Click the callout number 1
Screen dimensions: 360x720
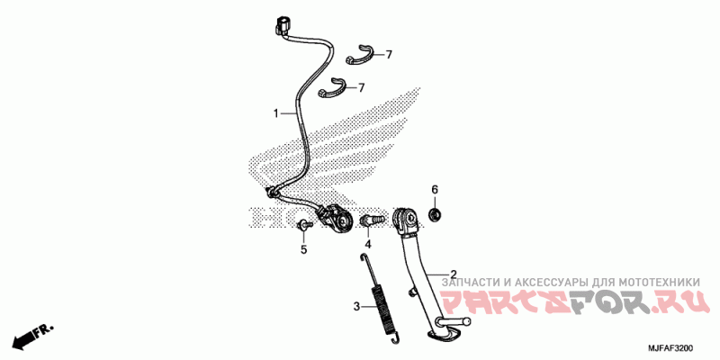(277, 113)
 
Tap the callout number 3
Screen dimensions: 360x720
(355, 307)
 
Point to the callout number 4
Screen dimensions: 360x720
(368, 244)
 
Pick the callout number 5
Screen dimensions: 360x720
(303, 249)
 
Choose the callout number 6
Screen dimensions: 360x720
(434, 190)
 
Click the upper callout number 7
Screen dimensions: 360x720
(390, 55)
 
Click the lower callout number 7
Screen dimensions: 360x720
(361, 88)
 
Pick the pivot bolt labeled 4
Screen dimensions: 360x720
(368, 219)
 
